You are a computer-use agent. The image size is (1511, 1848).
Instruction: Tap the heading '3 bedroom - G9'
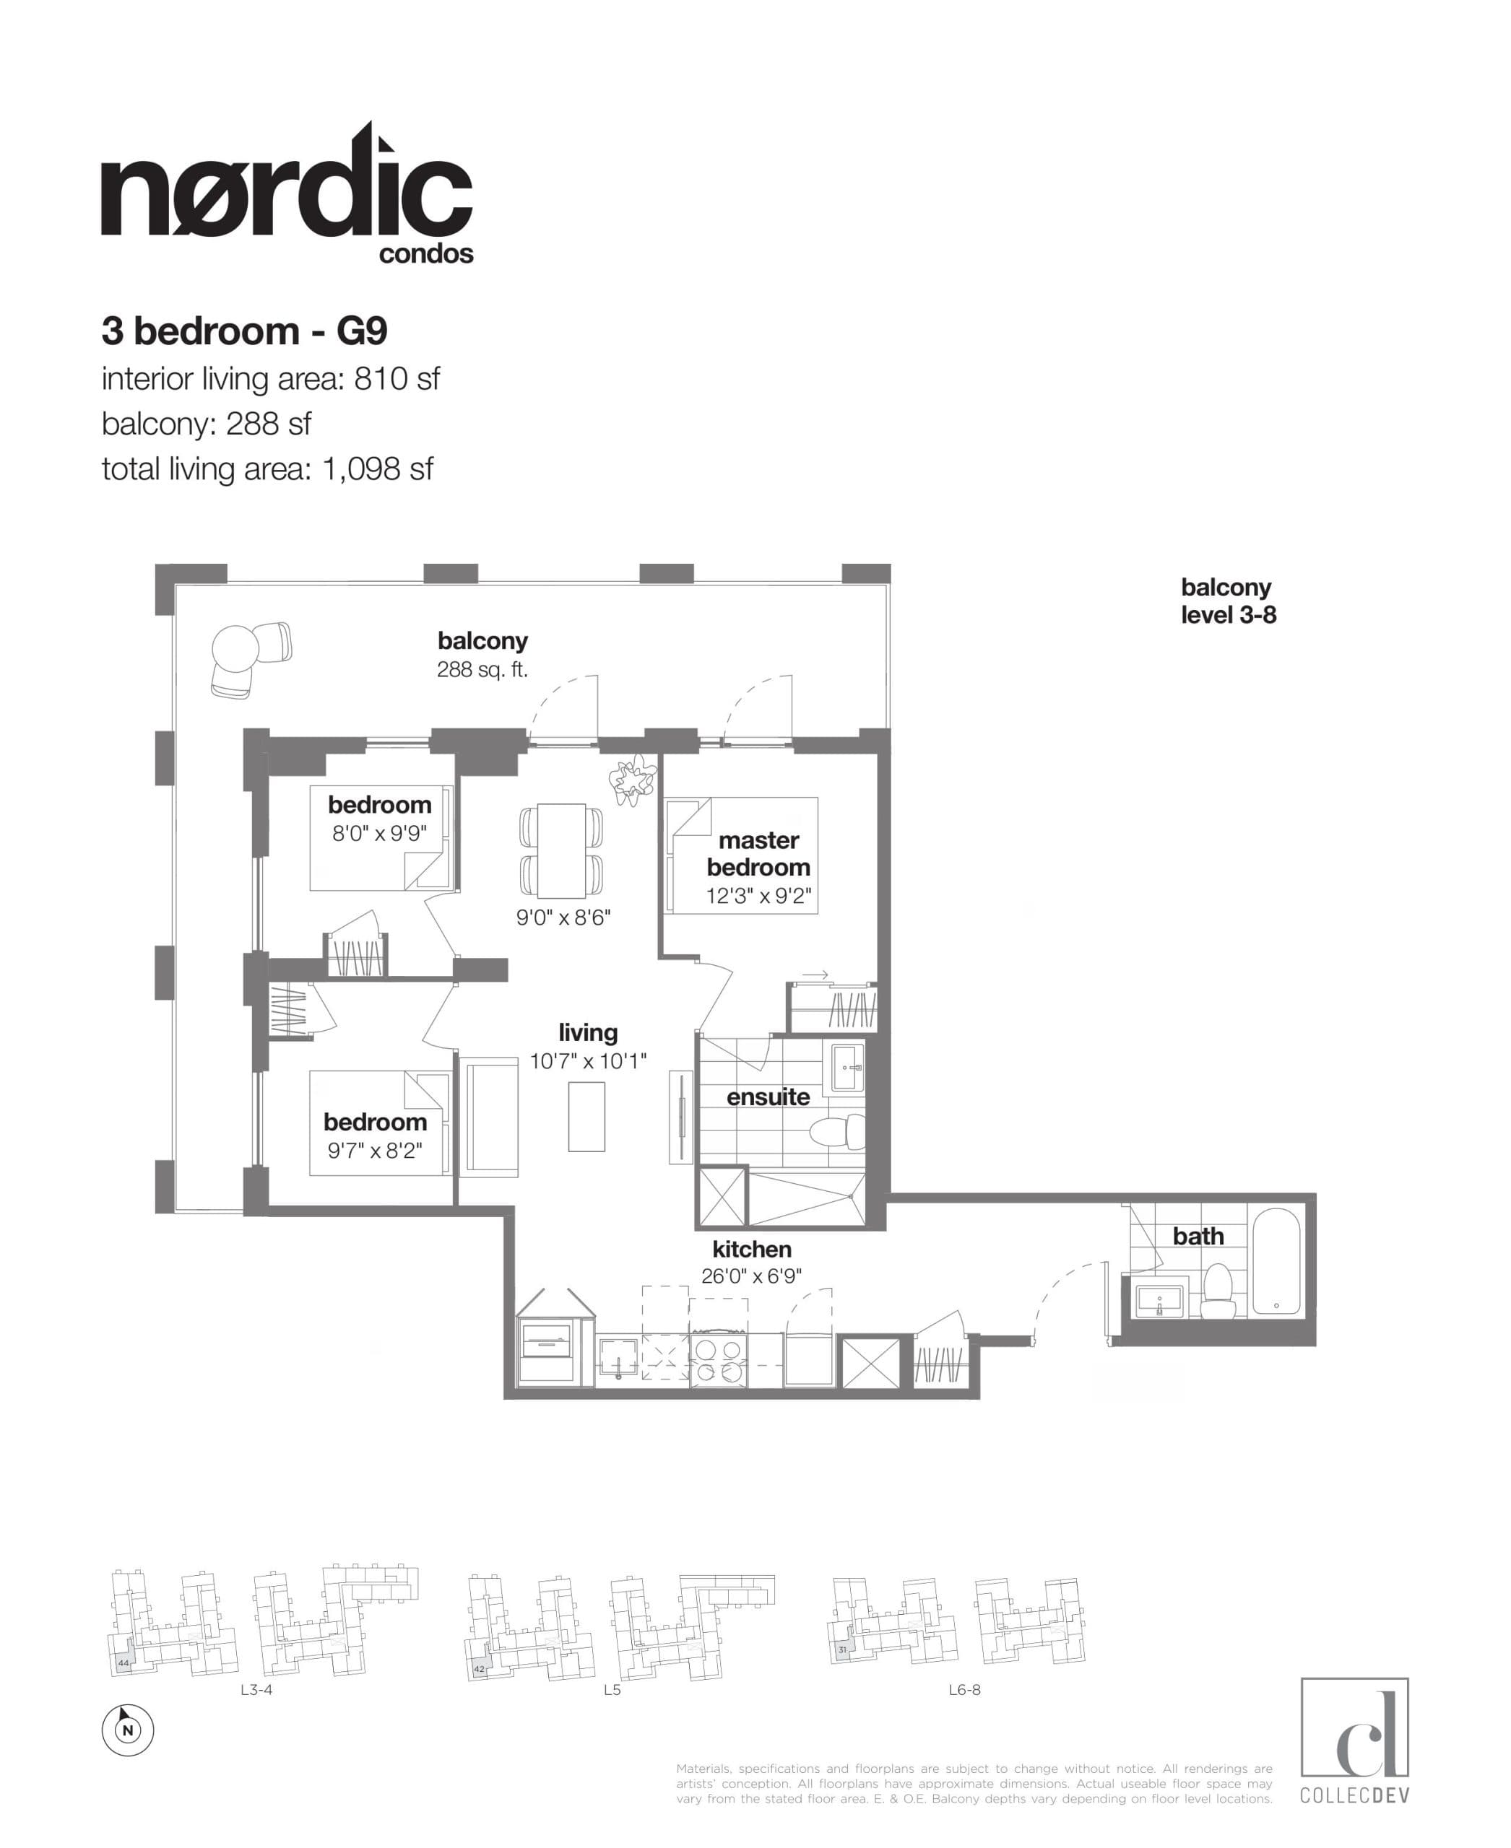245,331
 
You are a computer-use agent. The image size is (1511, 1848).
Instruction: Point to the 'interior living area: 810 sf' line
271,379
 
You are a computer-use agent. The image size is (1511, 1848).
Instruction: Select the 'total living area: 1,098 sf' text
267,470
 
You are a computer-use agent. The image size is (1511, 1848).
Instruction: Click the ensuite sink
847,1067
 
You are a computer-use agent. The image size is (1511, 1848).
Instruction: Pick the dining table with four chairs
561,851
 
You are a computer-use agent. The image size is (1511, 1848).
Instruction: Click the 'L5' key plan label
612,1691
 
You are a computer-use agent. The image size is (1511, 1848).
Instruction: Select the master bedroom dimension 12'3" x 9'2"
758,896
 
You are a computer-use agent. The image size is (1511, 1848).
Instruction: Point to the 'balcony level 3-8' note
1228,601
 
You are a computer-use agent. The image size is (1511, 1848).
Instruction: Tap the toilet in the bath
1218,1291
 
